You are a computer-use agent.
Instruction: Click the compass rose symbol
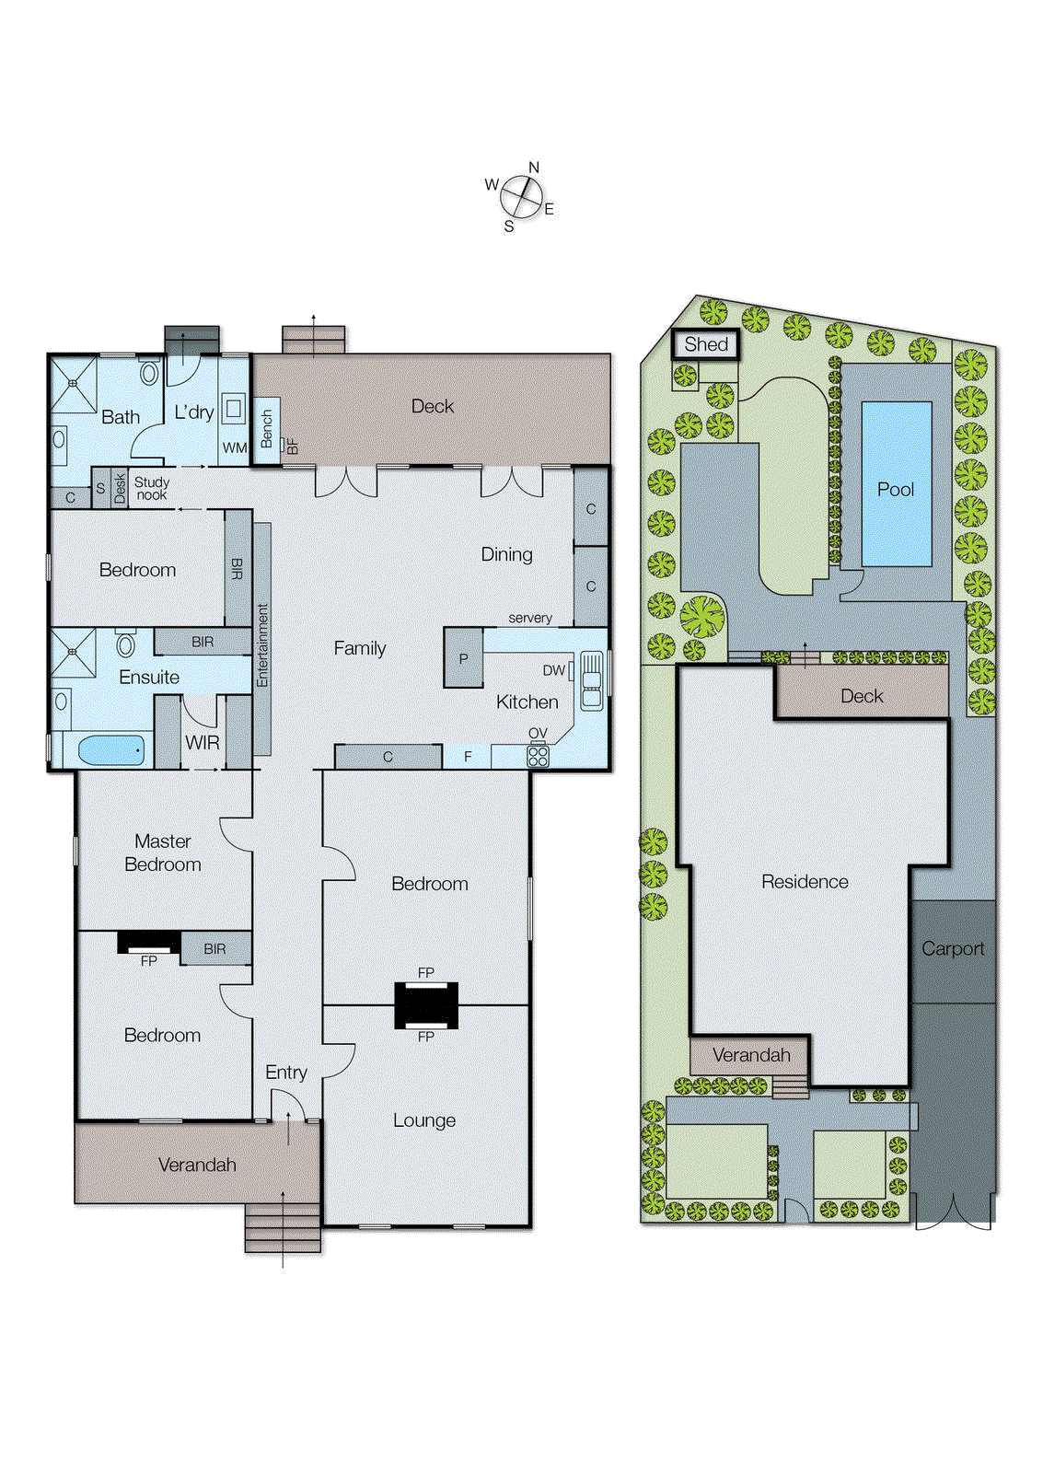pos(521,197)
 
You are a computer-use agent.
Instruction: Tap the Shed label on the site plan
pos(705,344)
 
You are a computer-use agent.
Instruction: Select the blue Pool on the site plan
pos(896,484)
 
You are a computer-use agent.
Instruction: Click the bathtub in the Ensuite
pos(111,749)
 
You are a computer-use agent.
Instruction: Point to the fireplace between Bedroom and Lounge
pos(426,1004)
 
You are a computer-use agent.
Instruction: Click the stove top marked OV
pos(538,756)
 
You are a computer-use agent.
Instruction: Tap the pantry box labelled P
pos(463,658)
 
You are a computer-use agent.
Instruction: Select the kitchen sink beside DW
pos(591,680)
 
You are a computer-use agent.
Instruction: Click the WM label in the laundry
pos(235,447)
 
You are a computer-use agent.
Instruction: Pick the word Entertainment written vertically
pos(262,644)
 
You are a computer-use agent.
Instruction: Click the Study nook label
pos(152,488)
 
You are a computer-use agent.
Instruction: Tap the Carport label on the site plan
pos(953,948)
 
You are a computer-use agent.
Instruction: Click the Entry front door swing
pos(289,1105)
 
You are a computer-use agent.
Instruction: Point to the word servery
pos(530,618)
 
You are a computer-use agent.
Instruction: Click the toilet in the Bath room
pos(149,373)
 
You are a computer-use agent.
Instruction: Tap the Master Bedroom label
pos(163,852)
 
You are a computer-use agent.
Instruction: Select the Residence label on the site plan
pos(805,881)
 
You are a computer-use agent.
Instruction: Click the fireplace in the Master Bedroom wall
pos(148,943)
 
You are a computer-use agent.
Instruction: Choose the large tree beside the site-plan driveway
pos(703,616)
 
